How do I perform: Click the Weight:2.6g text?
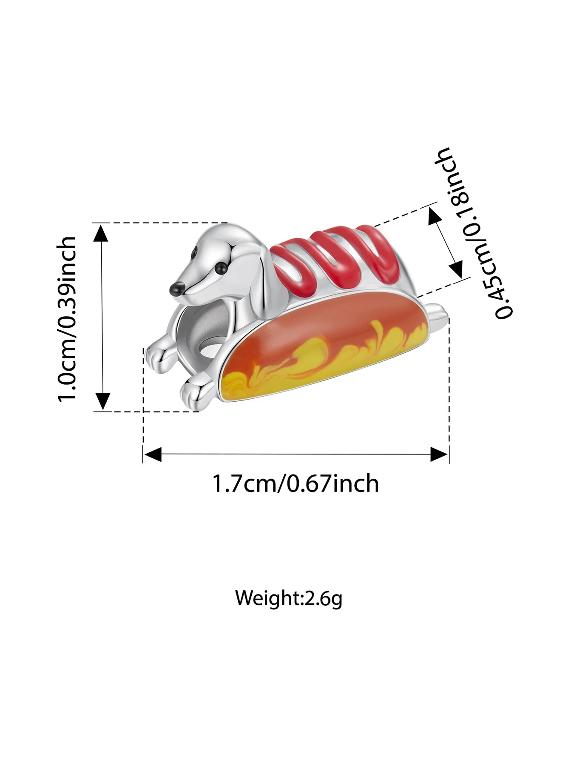(289, 598)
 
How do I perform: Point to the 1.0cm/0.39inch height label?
(68, 318)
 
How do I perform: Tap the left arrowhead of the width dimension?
(152, 454)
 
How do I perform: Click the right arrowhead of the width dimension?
(439, 454)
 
